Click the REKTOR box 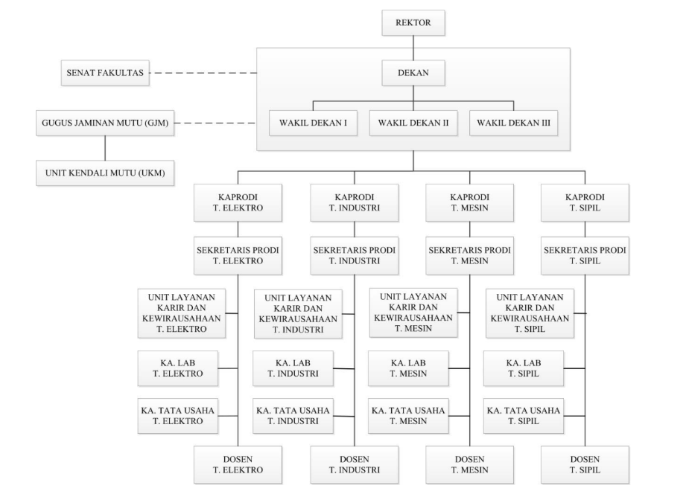(x=413, y=23)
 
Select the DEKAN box (x=413, y=73)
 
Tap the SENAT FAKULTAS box (x=105, y=73)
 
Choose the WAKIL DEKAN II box (x=413, y=124)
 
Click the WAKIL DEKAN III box (x=514, y=124)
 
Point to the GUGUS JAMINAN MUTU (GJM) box (x=105, y=124)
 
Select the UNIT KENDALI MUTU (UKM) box (x=105, y=173)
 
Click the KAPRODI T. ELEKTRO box (x=238, y=203)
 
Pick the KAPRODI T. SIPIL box (x=585, y=203)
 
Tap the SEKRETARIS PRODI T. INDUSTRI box (x=355, y=256)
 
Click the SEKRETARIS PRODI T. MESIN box (x=469, y=256)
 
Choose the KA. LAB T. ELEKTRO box (x=177, y=368)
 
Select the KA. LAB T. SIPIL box (x=523, y=368)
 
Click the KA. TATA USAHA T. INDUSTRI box (x=293, y=416)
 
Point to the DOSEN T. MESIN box (x=469, y=465)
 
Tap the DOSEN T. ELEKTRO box (x=238, y=465)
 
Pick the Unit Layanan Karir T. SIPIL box (x=530, y=313)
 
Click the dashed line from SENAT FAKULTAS (x=203, y=73)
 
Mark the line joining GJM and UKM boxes (x=105, y=148)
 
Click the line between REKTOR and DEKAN (x=413, y=48)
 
